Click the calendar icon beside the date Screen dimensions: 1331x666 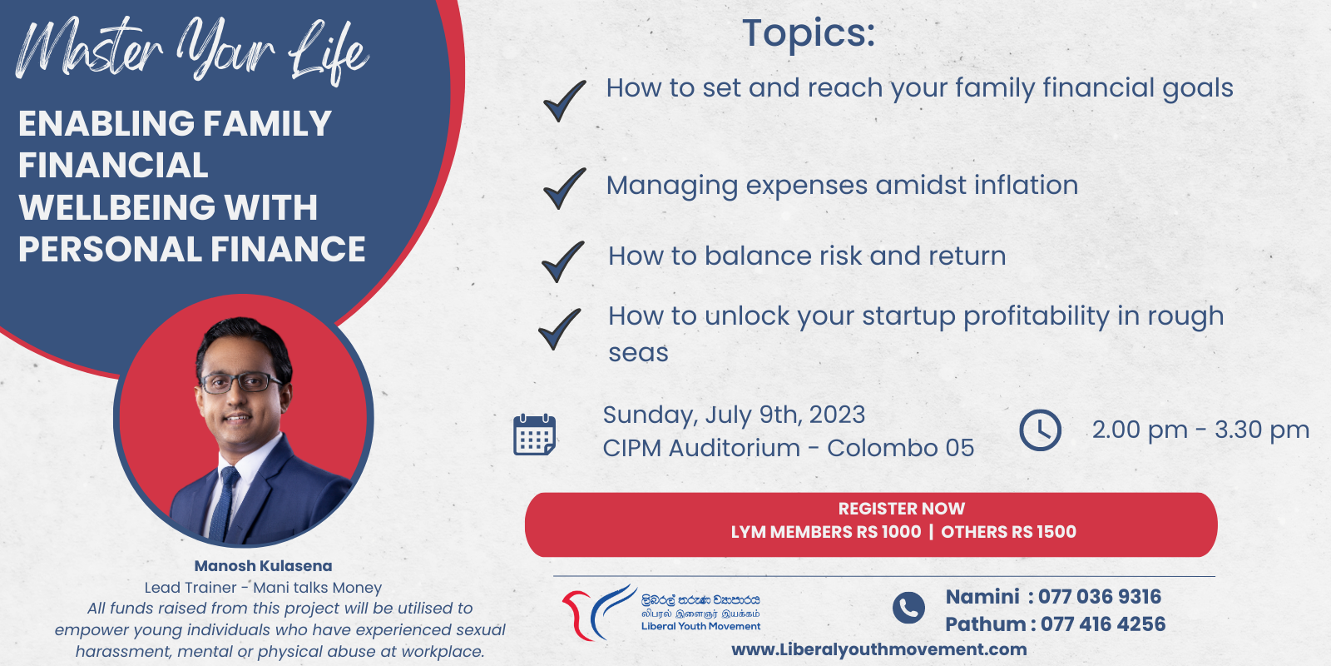(534, 435)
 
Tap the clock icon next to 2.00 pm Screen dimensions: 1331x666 (1040, 430)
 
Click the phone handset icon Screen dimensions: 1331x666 (908, 608)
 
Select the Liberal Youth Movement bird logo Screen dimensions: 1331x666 (599, 613)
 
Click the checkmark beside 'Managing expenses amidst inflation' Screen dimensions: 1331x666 (563, 189)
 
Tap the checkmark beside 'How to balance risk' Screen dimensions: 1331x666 (562, 262)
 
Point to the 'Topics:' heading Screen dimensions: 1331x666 (809, 33)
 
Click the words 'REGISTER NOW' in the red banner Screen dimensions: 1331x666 (902, 509)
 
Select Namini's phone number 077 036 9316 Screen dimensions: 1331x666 (1099, 596)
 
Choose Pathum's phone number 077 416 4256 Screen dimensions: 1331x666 (1103, 624)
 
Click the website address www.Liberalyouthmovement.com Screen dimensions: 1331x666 (878, 649)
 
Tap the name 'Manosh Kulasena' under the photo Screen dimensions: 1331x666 (263, 565)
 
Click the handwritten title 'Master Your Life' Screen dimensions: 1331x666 (192, 51)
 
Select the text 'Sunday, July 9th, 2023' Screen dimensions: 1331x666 (734, 415)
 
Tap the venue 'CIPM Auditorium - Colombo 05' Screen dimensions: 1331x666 (789, 448)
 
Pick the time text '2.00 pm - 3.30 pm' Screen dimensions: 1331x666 (1200, 430)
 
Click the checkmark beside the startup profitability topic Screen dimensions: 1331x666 (559, 329)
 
